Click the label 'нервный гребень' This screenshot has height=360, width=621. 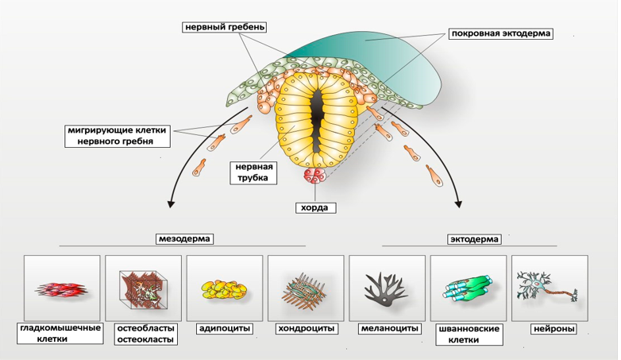pyautogui.click(x=223, y=27)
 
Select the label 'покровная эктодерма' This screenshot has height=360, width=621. pyautogui.click(x=500, y=34)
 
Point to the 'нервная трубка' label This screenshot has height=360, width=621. pyautogui.click(x=254, y=172)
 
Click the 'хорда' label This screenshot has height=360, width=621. pyautogui.click(x=314, y=208)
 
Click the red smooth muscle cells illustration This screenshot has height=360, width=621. pyautogui.click(x=62, y=288)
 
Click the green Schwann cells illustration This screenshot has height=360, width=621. pyautogui.click(x=468, y=288)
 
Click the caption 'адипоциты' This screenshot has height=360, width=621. pyautogui.click(x=224, y=328)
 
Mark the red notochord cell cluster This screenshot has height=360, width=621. pyautogui.click(x=314, y=176)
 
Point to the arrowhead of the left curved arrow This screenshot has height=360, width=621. pyautogui.click(x=170, y=204)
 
